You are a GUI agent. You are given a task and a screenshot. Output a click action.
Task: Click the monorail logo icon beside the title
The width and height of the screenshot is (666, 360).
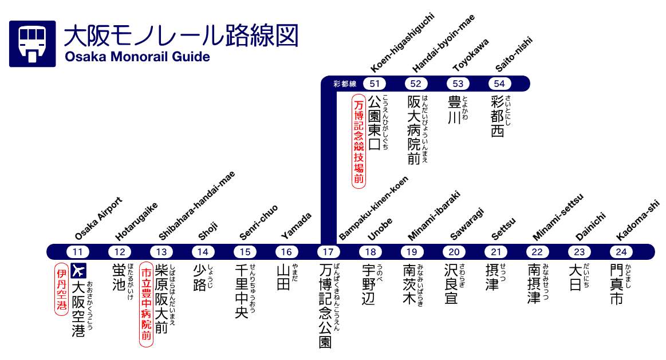(32, 44)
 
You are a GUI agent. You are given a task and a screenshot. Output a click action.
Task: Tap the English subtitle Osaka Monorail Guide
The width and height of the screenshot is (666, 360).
(137, 57)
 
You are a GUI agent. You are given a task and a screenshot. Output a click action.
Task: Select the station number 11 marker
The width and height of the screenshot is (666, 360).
(78, 251)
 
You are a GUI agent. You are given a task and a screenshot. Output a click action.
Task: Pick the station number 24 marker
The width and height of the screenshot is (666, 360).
(621, 251)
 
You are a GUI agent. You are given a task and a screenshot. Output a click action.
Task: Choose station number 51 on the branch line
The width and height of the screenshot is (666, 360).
(375, 84)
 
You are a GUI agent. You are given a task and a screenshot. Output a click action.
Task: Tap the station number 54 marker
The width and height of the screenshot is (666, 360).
(499, 84)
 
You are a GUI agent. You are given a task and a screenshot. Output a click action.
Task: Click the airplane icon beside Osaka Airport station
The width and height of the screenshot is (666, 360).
(78, 270)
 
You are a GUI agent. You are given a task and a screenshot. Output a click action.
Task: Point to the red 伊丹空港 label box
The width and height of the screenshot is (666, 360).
(61, 289)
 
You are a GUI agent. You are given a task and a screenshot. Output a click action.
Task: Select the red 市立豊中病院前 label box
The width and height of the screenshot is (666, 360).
(147, 304)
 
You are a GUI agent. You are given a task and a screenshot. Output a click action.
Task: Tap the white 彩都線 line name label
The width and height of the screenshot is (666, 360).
(345, 84)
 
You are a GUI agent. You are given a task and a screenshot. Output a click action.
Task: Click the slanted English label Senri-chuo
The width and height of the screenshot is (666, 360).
(259, 222)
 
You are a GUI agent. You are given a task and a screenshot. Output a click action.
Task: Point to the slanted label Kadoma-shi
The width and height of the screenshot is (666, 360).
(638, 220)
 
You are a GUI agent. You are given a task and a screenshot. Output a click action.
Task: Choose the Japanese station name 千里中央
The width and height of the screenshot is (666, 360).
(242, 291)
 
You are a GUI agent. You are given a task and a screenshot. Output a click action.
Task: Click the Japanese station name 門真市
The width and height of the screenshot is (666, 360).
(616, 284)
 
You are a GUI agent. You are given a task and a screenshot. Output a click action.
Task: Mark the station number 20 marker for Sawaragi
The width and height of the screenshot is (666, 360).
(454, 251)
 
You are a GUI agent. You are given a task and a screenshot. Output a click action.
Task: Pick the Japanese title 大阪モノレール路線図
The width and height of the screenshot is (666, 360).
(181, 35)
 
